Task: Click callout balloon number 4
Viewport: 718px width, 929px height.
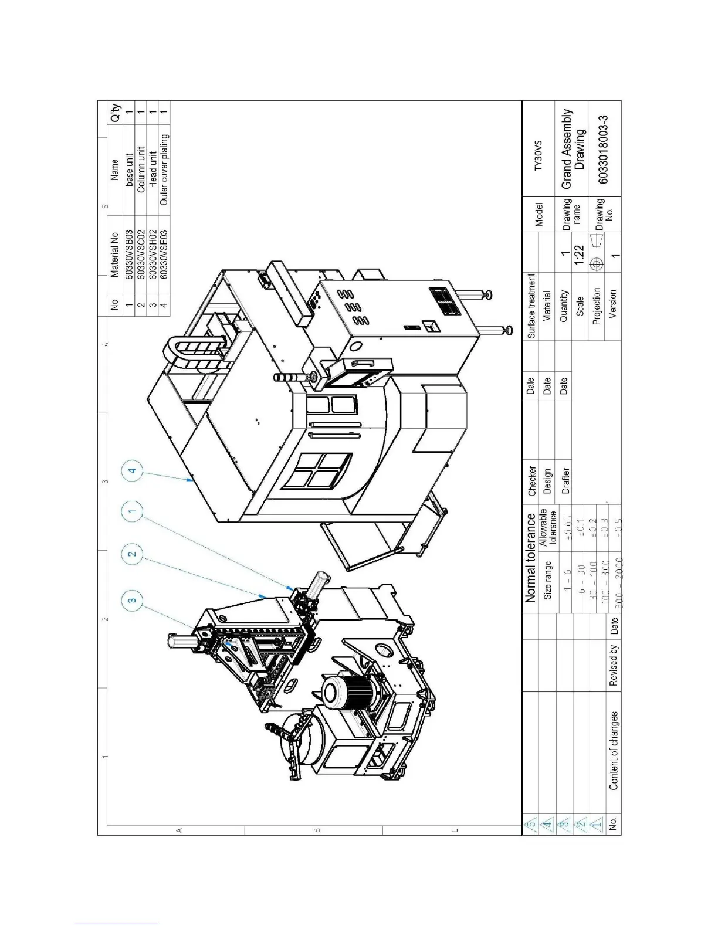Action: [x=133, y=471]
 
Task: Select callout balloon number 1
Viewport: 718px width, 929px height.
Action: [x=133, y=512]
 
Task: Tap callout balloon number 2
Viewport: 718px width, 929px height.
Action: [x=133, y=554]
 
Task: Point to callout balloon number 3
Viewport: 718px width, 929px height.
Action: [x=133, y=599]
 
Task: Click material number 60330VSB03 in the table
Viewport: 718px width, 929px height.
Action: [x=128, y=254]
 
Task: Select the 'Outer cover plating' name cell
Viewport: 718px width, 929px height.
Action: [x=164, y=169]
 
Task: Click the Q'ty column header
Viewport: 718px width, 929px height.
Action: [x=115, y=113]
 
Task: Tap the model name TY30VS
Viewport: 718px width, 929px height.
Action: [x=538, y=156]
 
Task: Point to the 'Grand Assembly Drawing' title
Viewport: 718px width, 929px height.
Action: [x=573, y=148]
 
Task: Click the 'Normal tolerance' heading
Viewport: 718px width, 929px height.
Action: [x=530, y=558]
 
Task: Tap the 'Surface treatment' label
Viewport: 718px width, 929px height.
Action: [x=531, y=306]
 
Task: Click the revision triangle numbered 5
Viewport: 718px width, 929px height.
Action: [x=530, y=825]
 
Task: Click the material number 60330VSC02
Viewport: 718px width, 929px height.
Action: [x=141, y=254]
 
